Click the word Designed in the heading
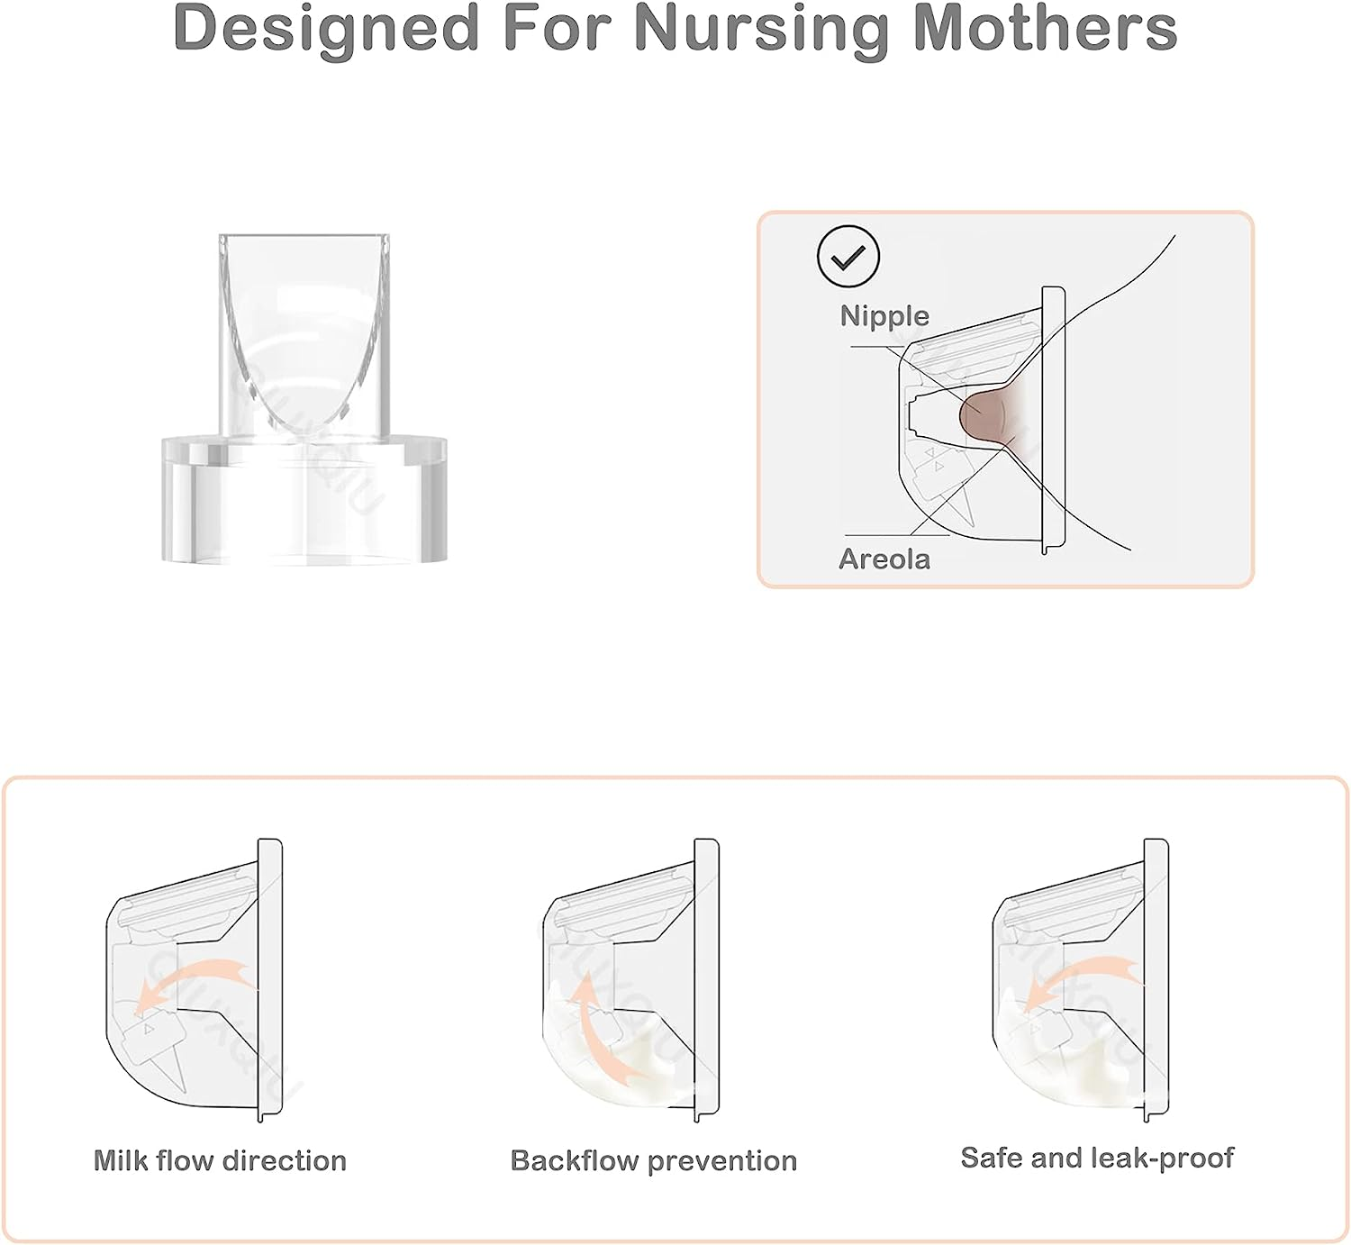[326, 29]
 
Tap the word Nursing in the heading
[761, 29]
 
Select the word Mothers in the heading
[1045, 29]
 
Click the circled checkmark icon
[848, 257]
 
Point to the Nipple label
[884, 316]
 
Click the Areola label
[884, 559]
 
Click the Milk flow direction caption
[220, 1161]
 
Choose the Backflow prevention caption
[653, 1161]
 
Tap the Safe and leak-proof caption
[1096, 1158]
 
